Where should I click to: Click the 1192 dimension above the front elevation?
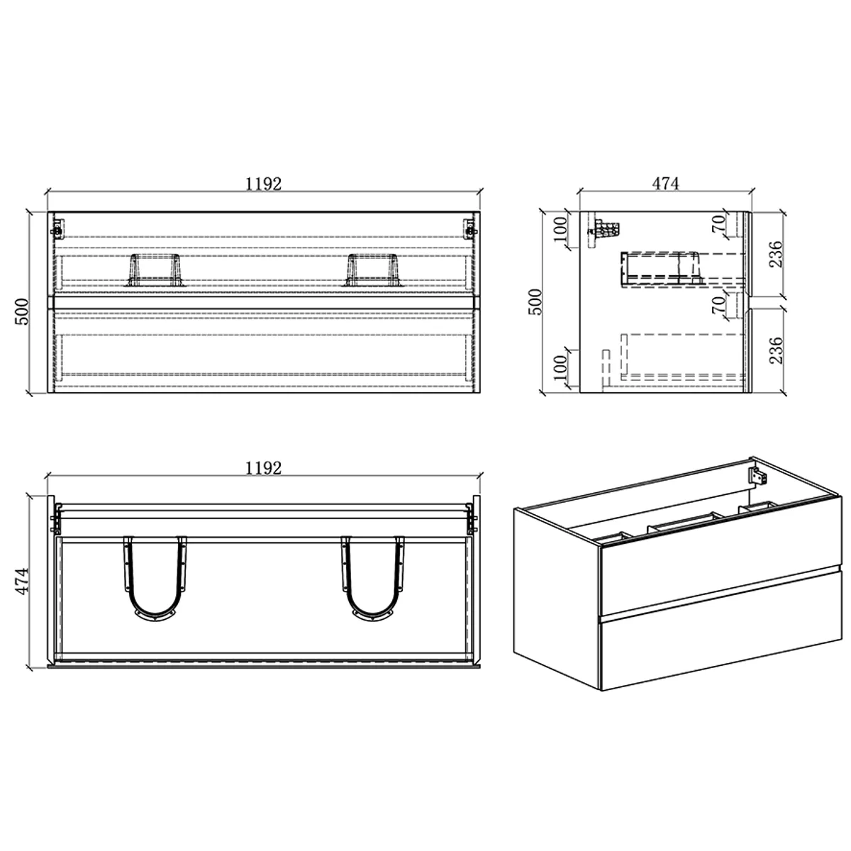pyautogui.click(x=263, y=184)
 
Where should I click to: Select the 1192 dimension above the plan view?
pyautogui.click(x=263, y=467)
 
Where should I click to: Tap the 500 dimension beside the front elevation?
pyautogui.click(x=22, y=311)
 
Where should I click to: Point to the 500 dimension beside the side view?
pyautogui.click(x=535, y=301)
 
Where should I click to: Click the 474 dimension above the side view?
pyautogui.click(x=665, y=183)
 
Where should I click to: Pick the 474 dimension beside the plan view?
pyautogui.click(x=22, y=581)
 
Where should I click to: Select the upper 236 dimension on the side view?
pyautogui.click(x=776, y=254)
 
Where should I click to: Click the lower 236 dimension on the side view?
pyautogui.click(x=776, y=350)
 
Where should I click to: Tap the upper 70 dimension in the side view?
pyautogui.click(x=718, y=224)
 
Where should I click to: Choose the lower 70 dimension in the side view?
pyautogui.click(x=718, y=304)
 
